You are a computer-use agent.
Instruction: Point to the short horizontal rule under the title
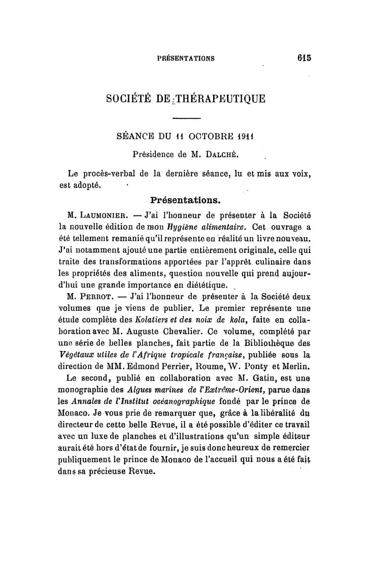[x=186, y=120]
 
